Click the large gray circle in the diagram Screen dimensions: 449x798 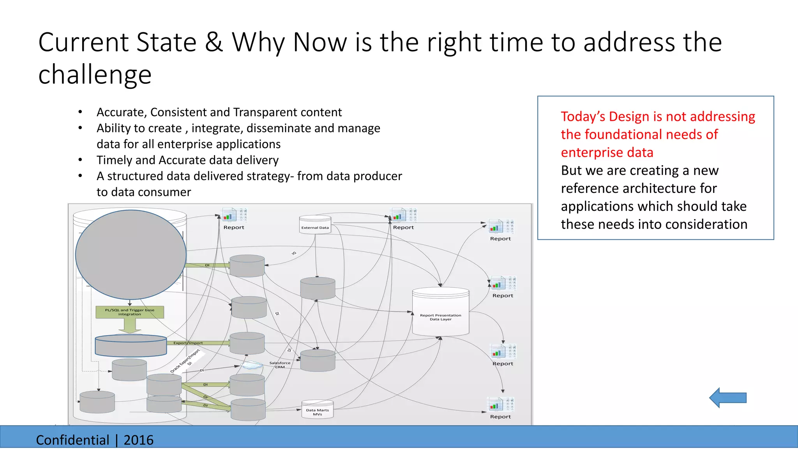point(131,255)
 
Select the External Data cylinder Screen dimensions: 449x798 point(315,225)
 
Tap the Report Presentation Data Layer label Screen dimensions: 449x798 point(440,317)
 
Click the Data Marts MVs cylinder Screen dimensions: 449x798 point(317,410)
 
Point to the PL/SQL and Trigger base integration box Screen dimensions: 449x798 point(130,312)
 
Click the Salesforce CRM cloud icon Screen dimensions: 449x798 point(252,365)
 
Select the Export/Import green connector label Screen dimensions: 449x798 point(188,343)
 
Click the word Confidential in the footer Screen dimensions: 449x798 point(72,440)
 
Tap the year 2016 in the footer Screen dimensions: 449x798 point(138,440)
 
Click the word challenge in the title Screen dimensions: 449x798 point(95,74)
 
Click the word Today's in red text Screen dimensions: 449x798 point(583,117)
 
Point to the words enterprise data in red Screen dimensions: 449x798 point(607,152)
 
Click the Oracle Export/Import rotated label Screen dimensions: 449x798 point(185,361)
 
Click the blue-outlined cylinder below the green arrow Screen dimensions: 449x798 point(131,346)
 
